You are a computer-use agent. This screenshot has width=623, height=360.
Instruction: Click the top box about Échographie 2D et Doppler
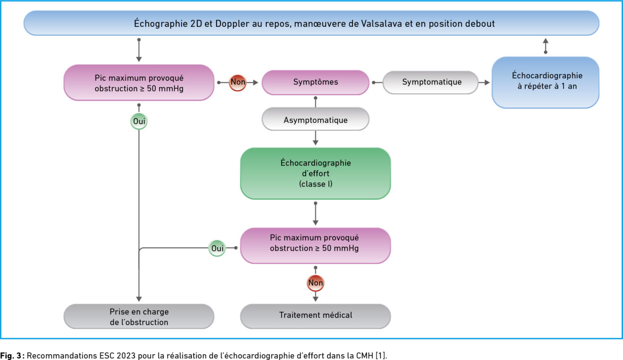pyautogui.click(x=311, y=23)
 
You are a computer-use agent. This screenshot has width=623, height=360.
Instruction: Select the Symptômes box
pyautogui.click(x=315, y=82)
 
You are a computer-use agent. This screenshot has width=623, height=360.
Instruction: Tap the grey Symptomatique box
pyautogui.click(x=430, y=82)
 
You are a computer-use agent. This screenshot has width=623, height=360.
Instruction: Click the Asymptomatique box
pyautogui.click(x=315, y=119)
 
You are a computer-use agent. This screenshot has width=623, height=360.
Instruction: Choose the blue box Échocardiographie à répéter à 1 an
pyautogui.click(x=546, y=82)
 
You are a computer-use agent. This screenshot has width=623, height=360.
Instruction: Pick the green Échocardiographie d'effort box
pyautogui.click(x=315, y=173)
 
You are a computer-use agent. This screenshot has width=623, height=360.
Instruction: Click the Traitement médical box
pyautogui.click(x=315, y=316)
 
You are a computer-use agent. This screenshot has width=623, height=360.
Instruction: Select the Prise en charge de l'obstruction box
pyautogui.click(x=139, y=316)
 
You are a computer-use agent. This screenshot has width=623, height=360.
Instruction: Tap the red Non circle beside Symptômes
pyautogui.click(x=237, y=83)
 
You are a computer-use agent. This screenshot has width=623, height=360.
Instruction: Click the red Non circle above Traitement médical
pyautogui.click(x=315, y=283)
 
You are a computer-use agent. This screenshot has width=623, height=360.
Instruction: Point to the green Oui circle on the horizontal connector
pyautogui.click(x=217, y=248)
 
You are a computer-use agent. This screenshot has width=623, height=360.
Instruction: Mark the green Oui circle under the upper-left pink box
pyautogui.click(x=139, y=121)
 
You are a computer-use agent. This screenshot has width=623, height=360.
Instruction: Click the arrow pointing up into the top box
pyautogui.click(x=546, y=46)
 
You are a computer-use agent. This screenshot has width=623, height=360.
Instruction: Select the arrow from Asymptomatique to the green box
pyautogui.click(x=315, y=138)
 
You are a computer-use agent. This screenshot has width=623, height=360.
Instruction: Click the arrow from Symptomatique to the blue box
pyautogui.click(x=484, y=83)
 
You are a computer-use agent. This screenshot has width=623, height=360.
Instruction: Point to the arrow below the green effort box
pyautogui.click(x=315, y=214)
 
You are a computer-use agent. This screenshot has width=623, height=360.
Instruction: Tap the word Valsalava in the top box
pyautogui.click(x=381, y=24)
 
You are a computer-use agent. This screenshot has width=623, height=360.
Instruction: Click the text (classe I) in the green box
pyautogui.click(x=316, y=184)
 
